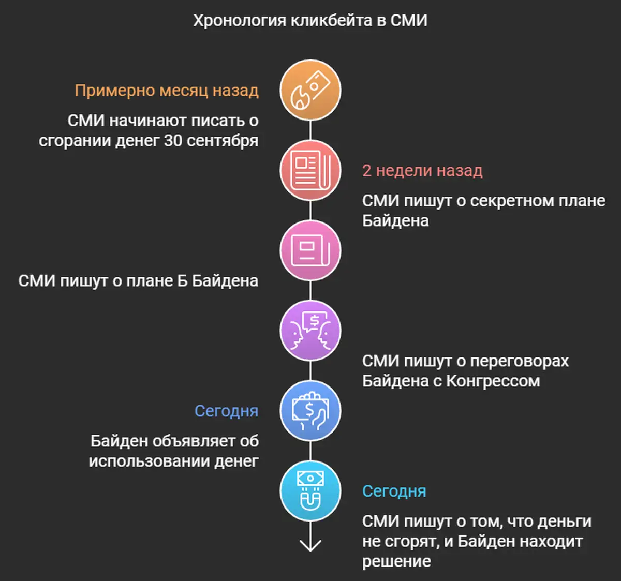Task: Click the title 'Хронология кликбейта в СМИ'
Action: coord(310,21)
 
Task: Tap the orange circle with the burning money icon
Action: coord(310,90)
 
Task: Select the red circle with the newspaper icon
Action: coord(310,170)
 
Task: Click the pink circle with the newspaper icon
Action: coord(310,250)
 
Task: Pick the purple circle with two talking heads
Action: coord(310,331)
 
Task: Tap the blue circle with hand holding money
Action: coord(310,411)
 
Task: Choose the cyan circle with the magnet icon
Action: coord(310,491)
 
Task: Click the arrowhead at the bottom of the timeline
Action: coord(310,546)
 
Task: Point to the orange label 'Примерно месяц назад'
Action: coord(167,91)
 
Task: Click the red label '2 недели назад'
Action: coord(422,171)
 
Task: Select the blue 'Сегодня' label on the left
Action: coord(226,411)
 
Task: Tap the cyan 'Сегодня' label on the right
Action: coord(394,491)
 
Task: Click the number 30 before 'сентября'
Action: coord(173,140)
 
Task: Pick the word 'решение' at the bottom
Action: coord(396,561)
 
